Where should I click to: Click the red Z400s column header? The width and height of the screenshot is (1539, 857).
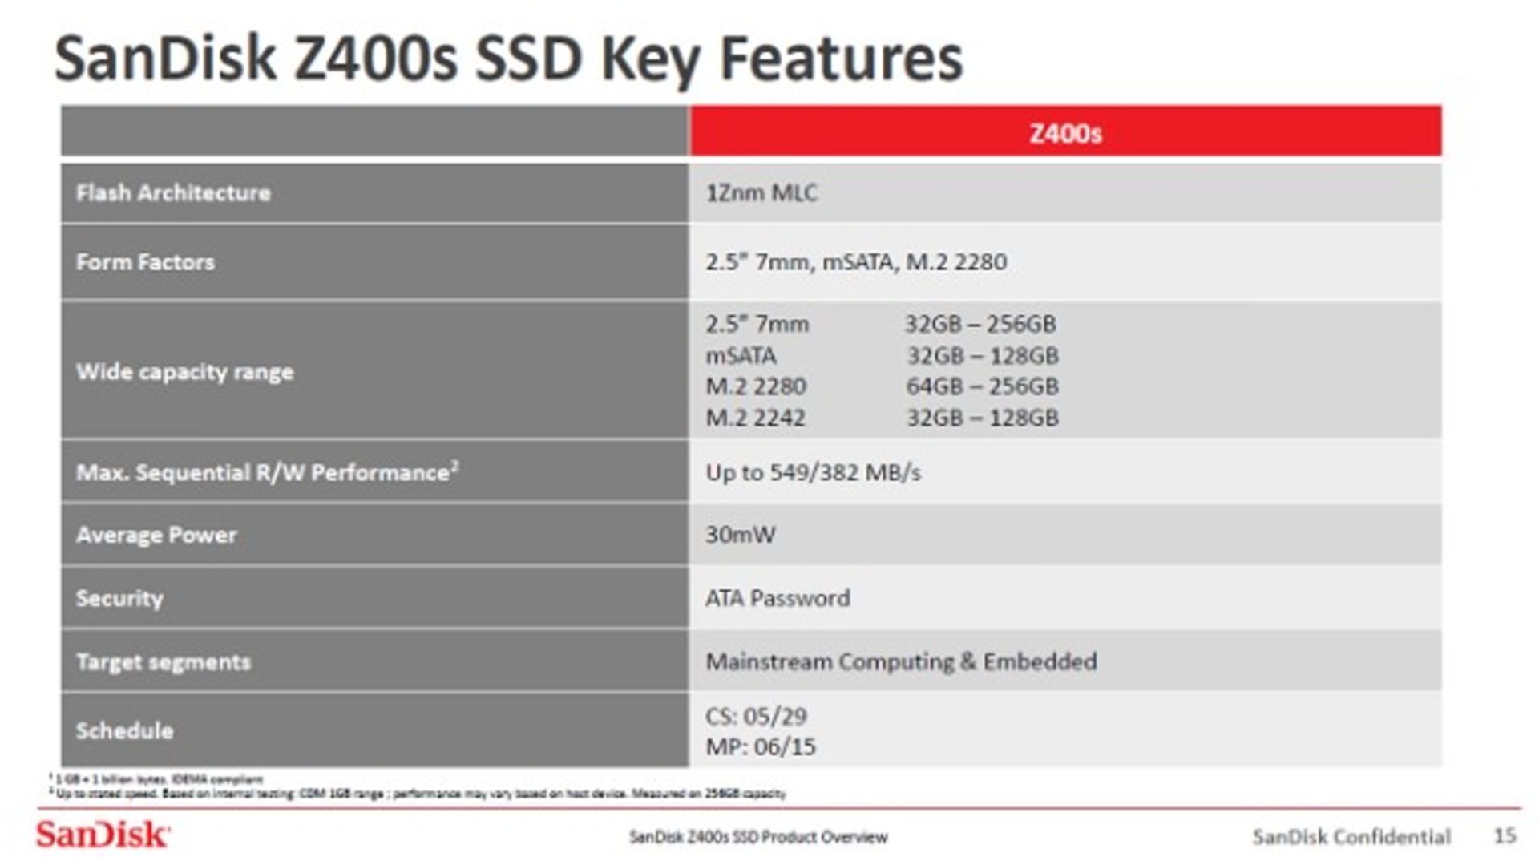point(1064,132)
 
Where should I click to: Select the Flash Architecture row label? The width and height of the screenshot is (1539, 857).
point(173,193)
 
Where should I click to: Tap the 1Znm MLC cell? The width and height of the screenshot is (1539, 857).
point(761,193)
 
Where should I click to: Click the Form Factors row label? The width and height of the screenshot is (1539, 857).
point(145,262)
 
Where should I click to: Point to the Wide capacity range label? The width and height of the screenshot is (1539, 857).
point(184,372)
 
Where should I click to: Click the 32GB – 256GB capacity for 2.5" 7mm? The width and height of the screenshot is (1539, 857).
point(980,324)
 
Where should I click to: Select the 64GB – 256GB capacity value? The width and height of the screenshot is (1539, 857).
point(982,386)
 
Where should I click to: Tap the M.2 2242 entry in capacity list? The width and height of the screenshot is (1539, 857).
point(755,418)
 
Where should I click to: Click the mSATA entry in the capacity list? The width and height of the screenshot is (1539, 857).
point(741,355)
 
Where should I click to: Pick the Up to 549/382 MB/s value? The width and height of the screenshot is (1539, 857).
point(813,472)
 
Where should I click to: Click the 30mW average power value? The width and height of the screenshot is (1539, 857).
point(740,535)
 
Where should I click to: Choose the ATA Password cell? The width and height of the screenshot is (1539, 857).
point(778,598)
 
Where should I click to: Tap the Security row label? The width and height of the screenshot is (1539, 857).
point(119,598)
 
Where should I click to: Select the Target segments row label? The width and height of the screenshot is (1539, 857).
point(164,662)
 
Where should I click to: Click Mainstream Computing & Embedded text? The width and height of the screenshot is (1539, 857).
point(901,662)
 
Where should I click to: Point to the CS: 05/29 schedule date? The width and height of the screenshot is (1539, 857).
point(756,716)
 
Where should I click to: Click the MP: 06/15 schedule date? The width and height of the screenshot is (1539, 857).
point(760,747)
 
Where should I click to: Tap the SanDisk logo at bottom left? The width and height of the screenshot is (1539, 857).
point(102,835)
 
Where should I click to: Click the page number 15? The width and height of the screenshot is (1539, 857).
point(1505,835)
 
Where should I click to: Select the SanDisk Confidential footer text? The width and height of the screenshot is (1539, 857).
point(1351,837)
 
